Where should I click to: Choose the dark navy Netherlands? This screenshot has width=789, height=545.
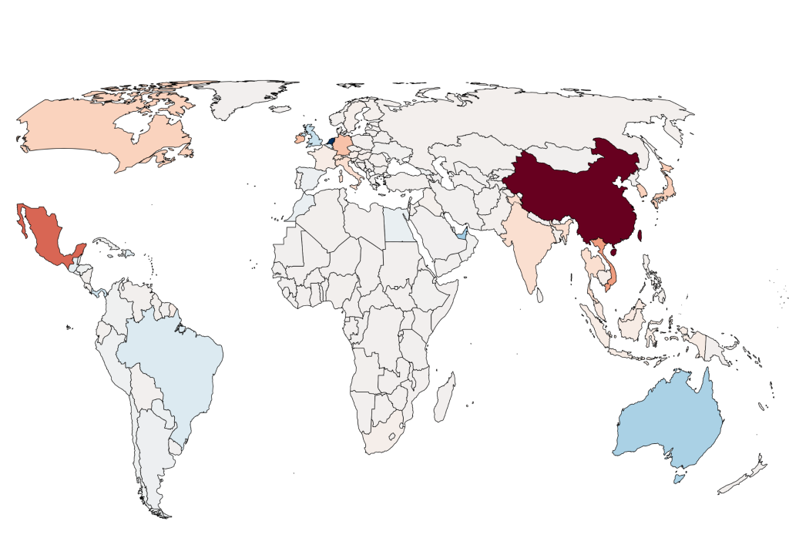[331, 142]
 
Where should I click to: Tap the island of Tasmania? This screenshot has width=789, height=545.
[677, 479]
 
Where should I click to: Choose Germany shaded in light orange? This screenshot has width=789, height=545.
[341, 146]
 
